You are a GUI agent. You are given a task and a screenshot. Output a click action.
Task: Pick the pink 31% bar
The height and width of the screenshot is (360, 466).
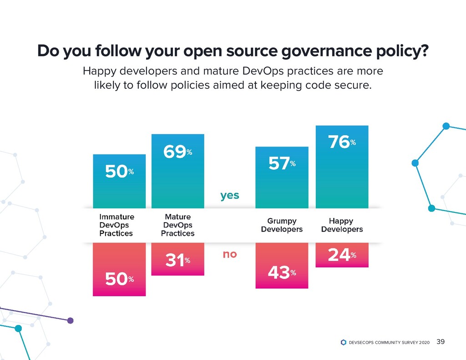(177, 259)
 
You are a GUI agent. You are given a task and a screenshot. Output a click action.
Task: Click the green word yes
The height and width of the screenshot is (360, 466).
(230, 196)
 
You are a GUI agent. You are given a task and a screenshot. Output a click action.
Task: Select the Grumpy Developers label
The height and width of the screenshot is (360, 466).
(282, 225)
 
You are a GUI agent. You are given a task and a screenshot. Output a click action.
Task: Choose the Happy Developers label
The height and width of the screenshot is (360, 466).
(342, 225)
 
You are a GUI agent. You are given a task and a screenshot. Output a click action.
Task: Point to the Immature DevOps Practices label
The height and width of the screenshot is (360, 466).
(116, 225)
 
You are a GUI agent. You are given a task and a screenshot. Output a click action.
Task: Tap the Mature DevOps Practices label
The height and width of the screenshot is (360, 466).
(177, 225)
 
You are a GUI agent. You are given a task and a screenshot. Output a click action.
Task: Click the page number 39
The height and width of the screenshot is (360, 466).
(441, 341)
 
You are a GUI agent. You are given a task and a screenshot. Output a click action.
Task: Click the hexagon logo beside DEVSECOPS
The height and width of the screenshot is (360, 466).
(343, 342)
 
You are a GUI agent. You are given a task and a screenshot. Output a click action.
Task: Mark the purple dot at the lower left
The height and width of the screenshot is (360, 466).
(70, 320)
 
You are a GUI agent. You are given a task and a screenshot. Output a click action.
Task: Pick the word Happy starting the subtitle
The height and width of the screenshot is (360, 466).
(97, 71)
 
